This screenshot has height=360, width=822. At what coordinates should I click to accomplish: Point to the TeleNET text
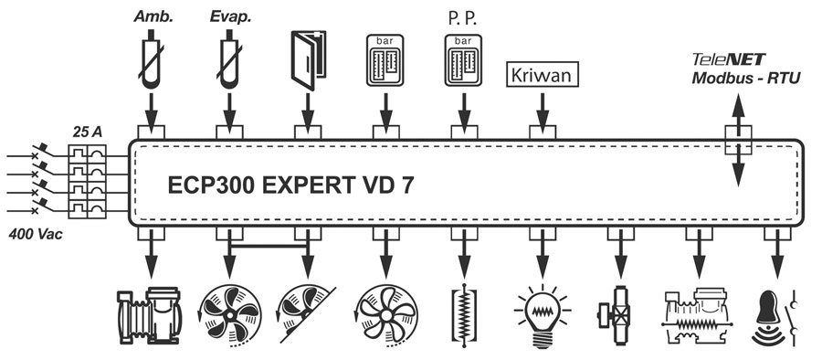click(728, 60)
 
